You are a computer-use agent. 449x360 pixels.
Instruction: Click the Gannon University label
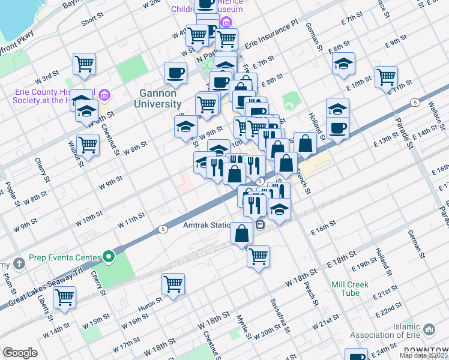158,99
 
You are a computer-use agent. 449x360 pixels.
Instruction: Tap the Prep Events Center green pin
108,258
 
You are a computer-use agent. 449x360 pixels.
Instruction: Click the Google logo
20,353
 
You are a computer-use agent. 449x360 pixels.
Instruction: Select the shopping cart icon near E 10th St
386,76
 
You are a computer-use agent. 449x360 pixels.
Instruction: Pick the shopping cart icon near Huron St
173,283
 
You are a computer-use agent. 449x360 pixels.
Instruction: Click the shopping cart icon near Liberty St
64,296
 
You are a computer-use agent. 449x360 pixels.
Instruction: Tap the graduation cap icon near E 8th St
343,63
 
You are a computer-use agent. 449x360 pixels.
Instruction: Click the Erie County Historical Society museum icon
104,95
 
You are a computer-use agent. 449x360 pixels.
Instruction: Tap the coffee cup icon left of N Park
176,73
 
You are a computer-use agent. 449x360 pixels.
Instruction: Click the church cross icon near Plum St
19,263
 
